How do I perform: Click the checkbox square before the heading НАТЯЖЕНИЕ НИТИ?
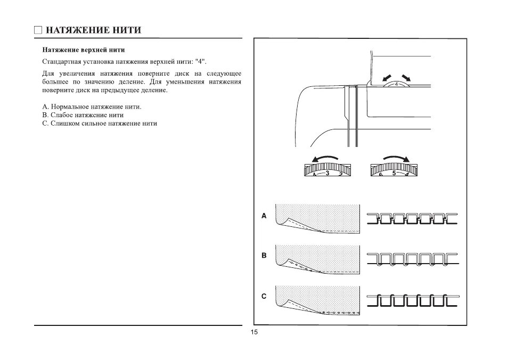[38, 30]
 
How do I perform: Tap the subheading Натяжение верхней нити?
[84, 50]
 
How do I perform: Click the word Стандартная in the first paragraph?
[60, 62]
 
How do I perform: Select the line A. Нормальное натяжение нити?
[92, 107]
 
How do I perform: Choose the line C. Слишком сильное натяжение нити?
[99, 123]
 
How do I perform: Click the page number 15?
[254, 333]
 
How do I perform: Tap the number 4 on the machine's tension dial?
[397, 84]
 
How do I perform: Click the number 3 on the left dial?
[327, 173]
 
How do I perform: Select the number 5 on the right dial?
[394, 173]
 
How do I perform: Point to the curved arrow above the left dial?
[325, 158]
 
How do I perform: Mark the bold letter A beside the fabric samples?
[264, 217]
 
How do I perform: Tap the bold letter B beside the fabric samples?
[264, 256]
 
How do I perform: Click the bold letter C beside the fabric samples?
[264, 297]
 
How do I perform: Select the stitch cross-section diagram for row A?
[412, 218]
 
